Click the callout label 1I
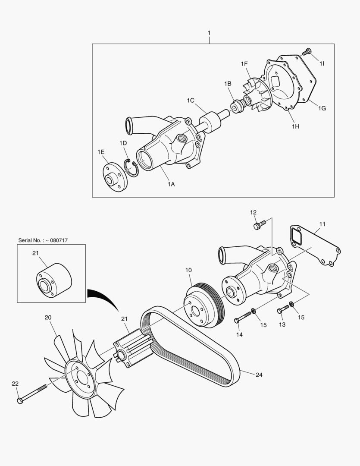point(322,63)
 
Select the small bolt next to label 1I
point(307,52)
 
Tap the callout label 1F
point(244,64)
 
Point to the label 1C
point(191,101)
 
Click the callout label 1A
point(171,184)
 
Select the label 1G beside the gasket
point(322,108)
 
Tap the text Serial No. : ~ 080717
point(43,240)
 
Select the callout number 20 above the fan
point(48,318)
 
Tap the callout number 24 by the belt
point(259,375)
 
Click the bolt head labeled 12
point(258,225)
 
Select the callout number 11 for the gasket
point(322,224)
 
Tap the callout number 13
point(282,324)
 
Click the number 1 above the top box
point(209,33)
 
